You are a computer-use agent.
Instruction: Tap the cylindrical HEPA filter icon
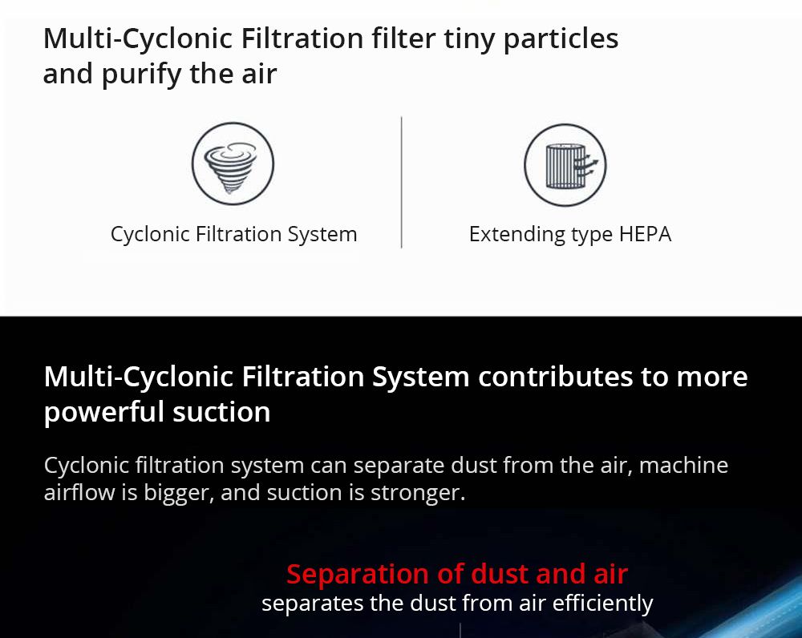click(x=565, y=165)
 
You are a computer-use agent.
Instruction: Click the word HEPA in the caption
click(x=645, y=234)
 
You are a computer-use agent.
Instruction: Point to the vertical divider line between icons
click(x=402, y=183)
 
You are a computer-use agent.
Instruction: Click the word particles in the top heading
click(x=561, y=39)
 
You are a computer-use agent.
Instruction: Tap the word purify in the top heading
click(x=141, y=75)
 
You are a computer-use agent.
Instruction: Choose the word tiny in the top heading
click(x=469, y=39)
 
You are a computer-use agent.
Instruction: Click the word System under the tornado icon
click(x=322, y=235)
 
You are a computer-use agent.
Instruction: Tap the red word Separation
click(x=358, y=574)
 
